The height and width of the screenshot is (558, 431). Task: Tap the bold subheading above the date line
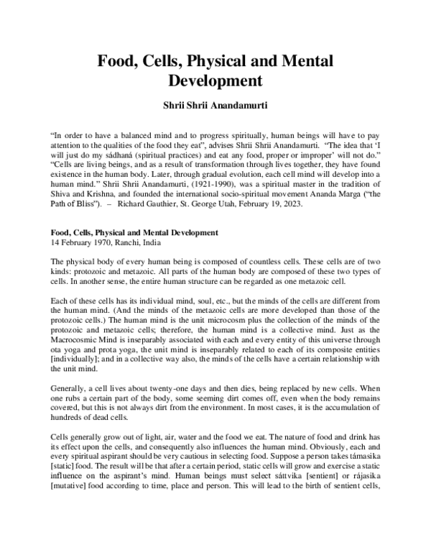134,233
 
